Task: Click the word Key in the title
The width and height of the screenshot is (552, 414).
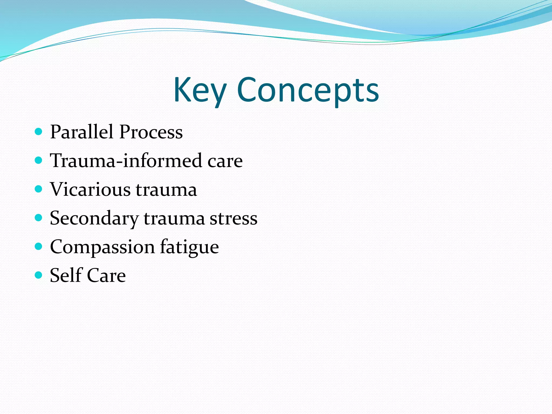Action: coord(199,90)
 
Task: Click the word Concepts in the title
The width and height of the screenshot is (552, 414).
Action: coord(308,90)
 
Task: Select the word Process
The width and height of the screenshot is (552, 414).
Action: coord(151,132)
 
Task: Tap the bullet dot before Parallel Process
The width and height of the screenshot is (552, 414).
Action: coord(39,132)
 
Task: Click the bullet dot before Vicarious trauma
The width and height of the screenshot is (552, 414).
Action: coord(39,189)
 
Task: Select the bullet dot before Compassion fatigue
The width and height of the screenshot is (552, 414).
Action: coord(39,246)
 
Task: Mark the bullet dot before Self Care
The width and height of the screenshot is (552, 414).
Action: coord(39,275)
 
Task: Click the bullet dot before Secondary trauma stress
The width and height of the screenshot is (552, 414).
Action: coord(39,218)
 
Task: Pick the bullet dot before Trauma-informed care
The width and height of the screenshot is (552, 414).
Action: coord(39,160)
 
